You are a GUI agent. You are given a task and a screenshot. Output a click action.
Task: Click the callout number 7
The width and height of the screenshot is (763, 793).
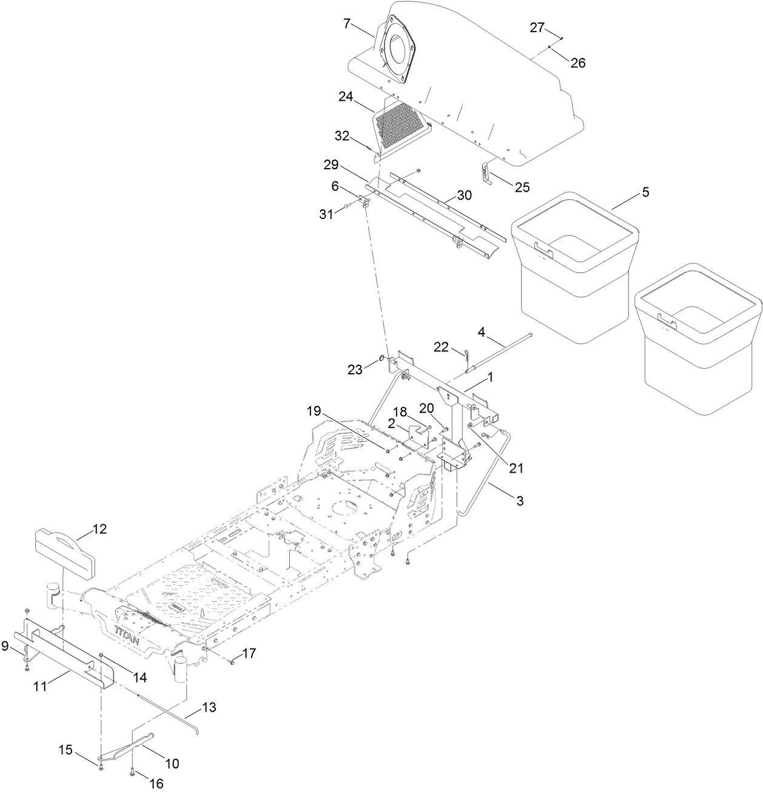point(347,24)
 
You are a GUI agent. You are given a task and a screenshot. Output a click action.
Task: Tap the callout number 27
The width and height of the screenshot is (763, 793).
point(537,27)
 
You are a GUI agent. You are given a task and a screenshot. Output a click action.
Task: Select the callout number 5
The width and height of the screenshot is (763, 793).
point(646,192)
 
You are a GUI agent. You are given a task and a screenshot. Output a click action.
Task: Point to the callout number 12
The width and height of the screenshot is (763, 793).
point(99,529)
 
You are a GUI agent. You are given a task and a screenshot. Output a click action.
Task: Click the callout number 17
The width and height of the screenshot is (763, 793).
point(249,653)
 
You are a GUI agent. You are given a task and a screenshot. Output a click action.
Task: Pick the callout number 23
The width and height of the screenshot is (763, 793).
point(355,370)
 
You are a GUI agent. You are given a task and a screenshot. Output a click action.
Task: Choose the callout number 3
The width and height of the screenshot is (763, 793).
point(520,501)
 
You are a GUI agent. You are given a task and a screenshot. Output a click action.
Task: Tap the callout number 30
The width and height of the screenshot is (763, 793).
point(464,195)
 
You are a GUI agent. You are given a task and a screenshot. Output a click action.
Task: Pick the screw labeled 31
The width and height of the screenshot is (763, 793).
point(348,206)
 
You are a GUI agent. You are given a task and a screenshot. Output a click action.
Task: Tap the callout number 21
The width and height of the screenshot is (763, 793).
point(516,468)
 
